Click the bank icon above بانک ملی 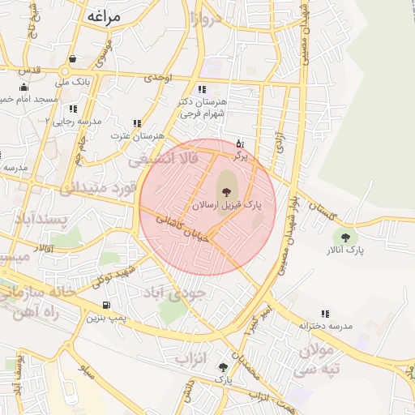pyautogui.click(x=74, y=59)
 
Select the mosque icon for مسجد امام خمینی pyautogui.click(x=24, y=88)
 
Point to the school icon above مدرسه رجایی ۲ pyautogui.click(x=73, y=109)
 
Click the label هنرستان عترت pyautogui.click(x=138, y=135)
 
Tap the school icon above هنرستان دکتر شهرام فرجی pyautogui.click(x=201, y=90)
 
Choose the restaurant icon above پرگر pyautogui.click(x=240, y=143)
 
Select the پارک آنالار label pyautogui.click(x=345, y=250)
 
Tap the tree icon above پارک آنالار pyautogui.click(x=346, y=237)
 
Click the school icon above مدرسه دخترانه pyautogui.click(x=325, y=314)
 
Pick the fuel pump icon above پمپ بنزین pyautogui.click(x=107, y=306)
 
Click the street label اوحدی pyautogui.click(x=158, y=79)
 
